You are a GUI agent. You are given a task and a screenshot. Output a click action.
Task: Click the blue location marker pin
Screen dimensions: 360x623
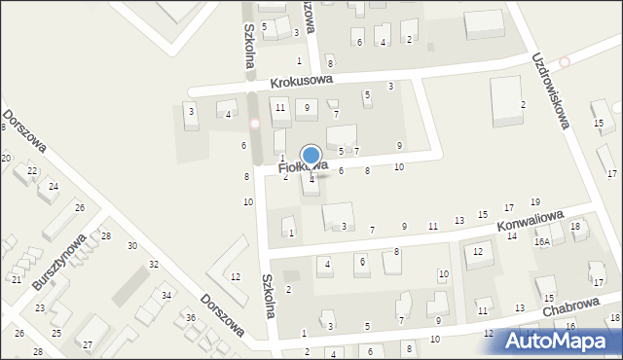click(x=311, y=157)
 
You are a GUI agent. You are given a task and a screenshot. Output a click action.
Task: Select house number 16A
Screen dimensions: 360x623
click(x=542, y=241)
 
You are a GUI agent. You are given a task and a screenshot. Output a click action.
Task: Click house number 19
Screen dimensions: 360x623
click(x=534, y=201)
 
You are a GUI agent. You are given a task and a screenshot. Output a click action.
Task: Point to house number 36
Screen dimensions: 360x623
click(x=191, y=318)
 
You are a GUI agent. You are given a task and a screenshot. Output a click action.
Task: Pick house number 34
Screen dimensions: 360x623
click(x=166, y=296)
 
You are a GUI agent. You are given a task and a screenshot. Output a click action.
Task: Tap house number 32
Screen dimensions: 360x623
click(x=153, y=265)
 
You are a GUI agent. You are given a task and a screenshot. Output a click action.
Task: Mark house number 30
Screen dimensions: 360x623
click(x=132, y=245)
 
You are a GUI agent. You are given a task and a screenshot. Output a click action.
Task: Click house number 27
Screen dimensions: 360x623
click(x=87, y=345)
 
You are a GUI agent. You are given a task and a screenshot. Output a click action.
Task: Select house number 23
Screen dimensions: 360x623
click(x=40, y=308)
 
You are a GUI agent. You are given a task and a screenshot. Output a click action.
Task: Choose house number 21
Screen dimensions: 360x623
click(x=17, y=279)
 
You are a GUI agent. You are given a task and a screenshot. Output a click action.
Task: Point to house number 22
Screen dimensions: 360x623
click(x=32, y=171)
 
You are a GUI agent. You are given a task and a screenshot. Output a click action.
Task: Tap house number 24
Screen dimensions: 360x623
click(x=54, y=187)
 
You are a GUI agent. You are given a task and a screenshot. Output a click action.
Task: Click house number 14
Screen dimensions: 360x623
click(x=512, y=236)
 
